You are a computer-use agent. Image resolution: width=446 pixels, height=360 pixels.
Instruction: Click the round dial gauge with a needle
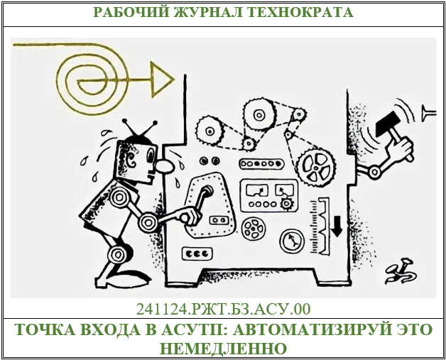click(292, 241)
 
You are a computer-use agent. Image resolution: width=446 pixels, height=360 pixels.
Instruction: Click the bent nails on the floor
click(396, 270)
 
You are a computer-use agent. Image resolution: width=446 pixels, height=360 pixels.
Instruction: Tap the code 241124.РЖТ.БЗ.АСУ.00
click(222, 309)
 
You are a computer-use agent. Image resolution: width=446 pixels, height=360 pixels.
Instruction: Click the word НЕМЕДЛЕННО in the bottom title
click(222, 349)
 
